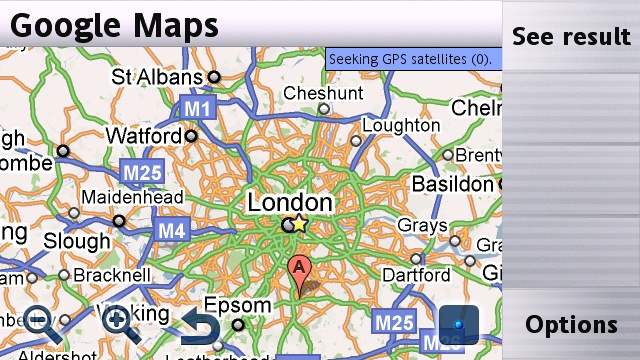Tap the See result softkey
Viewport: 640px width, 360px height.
coord(571,37)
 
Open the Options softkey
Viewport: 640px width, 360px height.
coord(571,325)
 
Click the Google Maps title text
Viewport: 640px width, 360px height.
coord(114,24)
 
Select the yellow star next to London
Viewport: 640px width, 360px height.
coord(299,224)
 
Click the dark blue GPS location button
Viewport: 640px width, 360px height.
coord(459,324)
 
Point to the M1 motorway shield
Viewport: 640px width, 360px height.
coord(197,106)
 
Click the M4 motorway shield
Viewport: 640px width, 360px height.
coord(171,231)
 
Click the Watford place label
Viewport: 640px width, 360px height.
coord(143,133)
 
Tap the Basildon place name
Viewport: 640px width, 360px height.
coord(452,185)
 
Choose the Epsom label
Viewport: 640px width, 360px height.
coord(237,305)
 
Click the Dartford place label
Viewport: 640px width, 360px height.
coord(416,273)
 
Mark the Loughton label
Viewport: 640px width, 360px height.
coord(400,126)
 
